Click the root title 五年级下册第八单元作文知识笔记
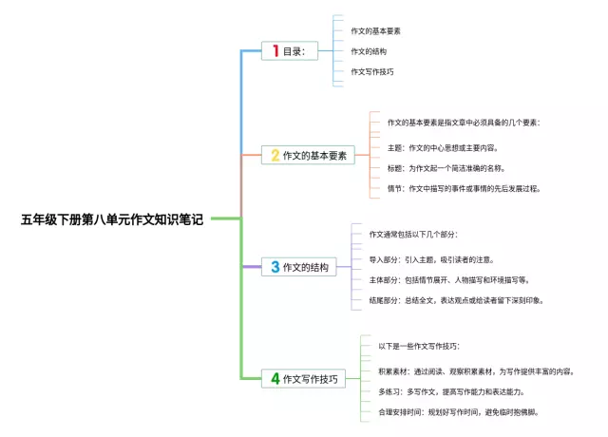pos(112,219)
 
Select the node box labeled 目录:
pos(290,51)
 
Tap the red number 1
pos(275,51)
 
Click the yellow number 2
pos(275,155)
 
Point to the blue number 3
pos(275,267)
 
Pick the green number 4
pos(275,378)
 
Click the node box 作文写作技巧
pos(302,378)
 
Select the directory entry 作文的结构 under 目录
pos(369,51)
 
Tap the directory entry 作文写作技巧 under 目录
pos(372,71)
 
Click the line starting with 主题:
pos(442,148)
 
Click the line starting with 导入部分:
pos(430,259)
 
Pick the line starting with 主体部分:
pos(448,280)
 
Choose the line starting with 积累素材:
pos(475,371)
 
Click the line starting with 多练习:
pos(450,391)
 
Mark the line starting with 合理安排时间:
pos(458,412)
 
